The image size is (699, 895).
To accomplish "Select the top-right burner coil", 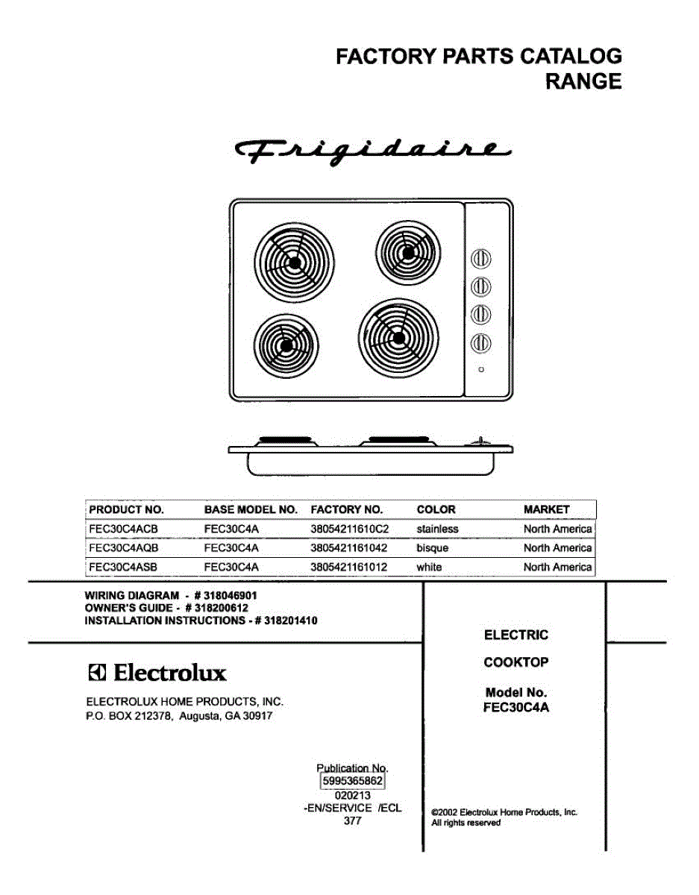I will click(x=407, y=252).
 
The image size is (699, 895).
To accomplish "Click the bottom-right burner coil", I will click(x=397, y=336).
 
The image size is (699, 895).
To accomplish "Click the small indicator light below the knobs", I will click(x=482, y=370).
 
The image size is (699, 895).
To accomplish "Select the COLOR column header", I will click(x=436, y=509).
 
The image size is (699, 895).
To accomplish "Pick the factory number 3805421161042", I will click(x=348, y=548).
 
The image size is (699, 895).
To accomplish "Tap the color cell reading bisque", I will click(x=433, y=548).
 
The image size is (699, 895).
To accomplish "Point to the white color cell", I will click(x=429, y=568).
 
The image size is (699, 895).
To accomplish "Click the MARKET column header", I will click(x=546, y=509).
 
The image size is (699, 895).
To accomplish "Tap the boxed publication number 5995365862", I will click(x=352, y=781).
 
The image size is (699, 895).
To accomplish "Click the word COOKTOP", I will click(x=515, y=662).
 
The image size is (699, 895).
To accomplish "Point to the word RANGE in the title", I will click(x=583, y=81).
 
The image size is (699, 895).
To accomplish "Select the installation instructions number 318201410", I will click(x=286, y=621).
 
